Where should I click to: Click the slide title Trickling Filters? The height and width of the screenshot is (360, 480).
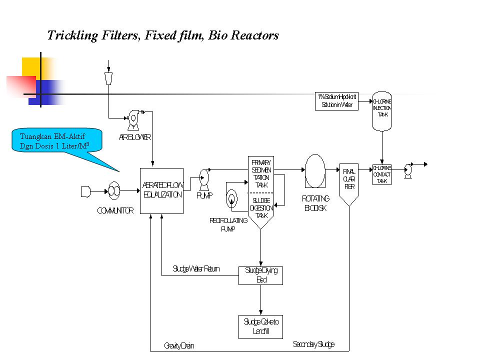pos(162,35)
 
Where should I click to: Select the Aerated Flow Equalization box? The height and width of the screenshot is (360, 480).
pos(162,190)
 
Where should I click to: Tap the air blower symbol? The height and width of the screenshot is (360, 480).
pos(133,118)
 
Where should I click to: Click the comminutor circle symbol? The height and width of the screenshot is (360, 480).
pos(114,190)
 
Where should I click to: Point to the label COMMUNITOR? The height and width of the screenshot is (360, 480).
pos(115,211)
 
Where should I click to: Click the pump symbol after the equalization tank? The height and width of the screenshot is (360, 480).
pos(204,177)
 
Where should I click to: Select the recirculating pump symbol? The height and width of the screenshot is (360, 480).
pos(231,199)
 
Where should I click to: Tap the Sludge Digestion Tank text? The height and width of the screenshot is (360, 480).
pos(261,208)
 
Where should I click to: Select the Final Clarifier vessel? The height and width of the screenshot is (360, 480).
pos(349,182)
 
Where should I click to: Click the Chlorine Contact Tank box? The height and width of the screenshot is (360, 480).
pos(382,174)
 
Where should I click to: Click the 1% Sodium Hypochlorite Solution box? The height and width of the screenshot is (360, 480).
pos(337,100)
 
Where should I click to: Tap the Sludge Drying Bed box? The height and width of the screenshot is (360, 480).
pos(261,275)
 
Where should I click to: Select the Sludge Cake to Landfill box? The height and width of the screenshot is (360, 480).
pos(261,326)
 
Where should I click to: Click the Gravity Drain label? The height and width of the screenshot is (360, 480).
pos(179,346)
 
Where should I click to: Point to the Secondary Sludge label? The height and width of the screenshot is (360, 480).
pos(313,344)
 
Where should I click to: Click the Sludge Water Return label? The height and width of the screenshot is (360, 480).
pos(196,269)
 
